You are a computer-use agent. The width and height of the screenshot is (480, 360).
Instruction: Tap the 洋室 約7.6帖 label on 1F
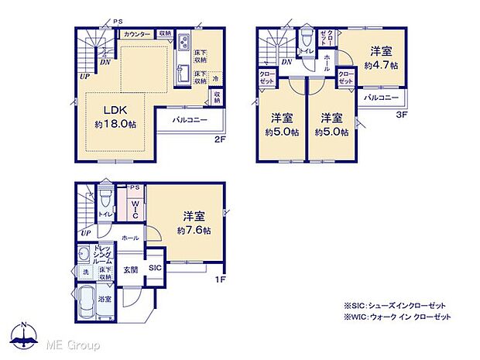click(x=190, y=223)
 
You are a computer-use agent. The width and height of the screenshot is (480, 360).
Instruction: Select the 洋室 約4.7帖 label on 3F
click(x=382, y=59)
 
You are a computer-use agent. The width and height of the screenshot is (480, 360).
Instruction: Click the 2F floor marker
click(x=220, y=140)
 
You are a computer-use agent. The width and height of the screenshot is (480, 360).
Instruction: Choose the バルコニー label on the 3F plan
click(x=380, y=98)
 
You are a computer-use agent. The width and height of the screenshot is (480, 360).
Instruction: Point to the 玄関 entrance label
click(x=131, y=269)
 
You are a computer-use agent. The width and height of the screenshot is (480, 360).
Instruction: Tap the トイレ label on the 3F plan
click(x=307, y=52)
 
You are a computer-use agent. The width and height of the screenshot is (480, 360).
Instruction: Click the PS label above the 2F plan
click(x=118, y=22)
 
